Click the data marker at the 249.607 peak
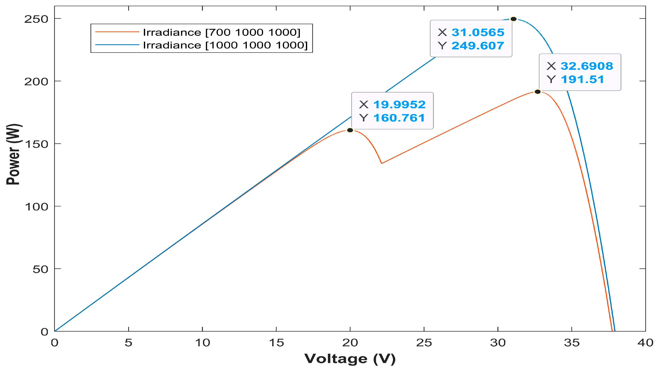point(513,19)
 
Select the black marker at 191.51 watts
point(537,92)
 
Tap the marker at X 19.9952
point(350,130)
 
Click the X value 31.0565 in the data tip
point(478,33)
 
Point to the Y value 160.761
point(399,118)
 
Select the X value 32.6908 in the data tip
point(587,66)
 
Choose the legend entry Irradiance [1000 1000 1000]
point(225,45)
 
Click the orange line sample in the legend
point(117,32)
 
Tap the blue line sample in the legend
point(117,45)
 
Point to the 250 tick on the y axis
point(36,19)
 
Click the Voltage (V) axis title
point(350,359)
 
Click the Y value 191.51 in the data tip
point(582,79)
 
